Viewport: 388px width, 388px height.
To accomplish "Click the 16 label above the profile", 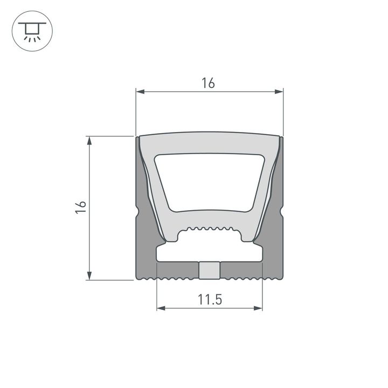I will pos(209,83).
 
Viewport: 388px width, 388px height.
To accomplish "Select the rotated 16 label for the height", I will pos(81,208).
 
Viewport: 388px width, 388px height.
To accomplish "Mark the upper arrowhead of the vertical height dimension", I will pos(89,140).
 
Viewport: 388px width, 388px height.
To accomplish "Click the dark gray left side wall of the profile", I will pos(144,242).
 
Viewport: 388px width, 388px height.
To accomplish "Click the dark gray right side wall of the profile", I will pos(274,242).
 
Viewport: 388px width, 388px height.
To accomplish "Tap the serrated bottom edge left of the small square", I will pos(172,277).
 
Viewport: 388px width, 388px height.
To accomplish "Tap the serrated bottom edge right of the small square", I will pos(245,277).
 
